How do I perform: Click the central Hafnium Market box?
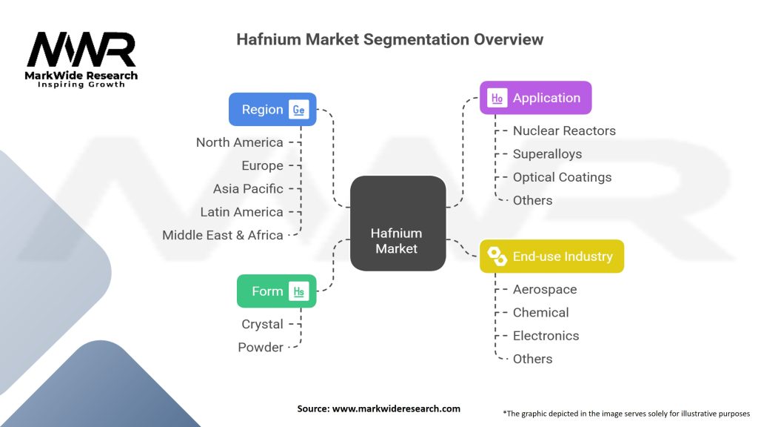click(x=397, y=223)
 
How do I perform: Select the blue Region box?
click(x=272, y=110)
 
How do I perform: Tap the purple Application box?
click(x=535, y=98)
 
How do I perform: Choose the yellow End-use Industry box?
click(x=551, y=256)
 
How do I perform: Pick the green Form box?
click(x=276, y=291)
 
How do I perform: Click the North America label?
click(x=239, y=142)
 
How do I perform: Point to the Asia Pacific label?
click(x=248, y=189)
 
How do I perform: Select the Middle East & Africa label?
click(x=223, y=235)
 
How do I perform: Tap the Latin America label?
click(x=241, y=212)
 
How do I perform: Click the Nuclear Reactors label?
click(x=564, y=131)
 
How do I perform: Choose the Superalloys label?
click(x=547, y=154)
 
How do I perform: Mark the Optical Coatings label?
click(x=562, y=177)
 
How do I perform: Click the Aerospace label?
click(x=544, y=290)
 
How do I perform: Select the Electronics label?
click(x=546, y=336)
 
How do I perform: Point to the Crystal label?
click(x=262, y=325)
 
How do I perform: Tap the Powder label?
click(x=261, y=348)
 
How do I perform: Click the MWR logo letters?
click(x=81, y=50)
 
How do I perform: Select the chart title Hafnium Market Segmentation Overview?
click(x=389, y=39)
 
